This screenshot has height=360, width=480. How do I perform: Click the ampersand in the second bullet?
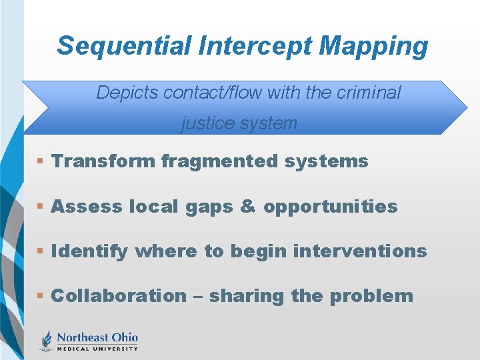pyautogui.click(x=247, y=207)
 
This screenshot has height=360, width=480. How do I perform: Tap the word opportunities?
pyautogui.click(x=330, y=207)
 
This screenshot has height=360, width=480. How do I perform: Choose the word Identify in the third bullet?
pyautogui.click(x=89, y=251)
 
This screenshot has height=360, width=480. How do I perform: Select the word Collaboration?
pyautogui.click(x=119, y=296)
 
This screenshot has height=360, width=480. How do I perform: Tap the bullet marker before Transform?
pyautogui.click(x=41, y=162)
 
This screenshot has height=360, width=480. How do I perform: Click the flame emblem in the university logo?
pyautogui.click(x=47, y=341)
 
